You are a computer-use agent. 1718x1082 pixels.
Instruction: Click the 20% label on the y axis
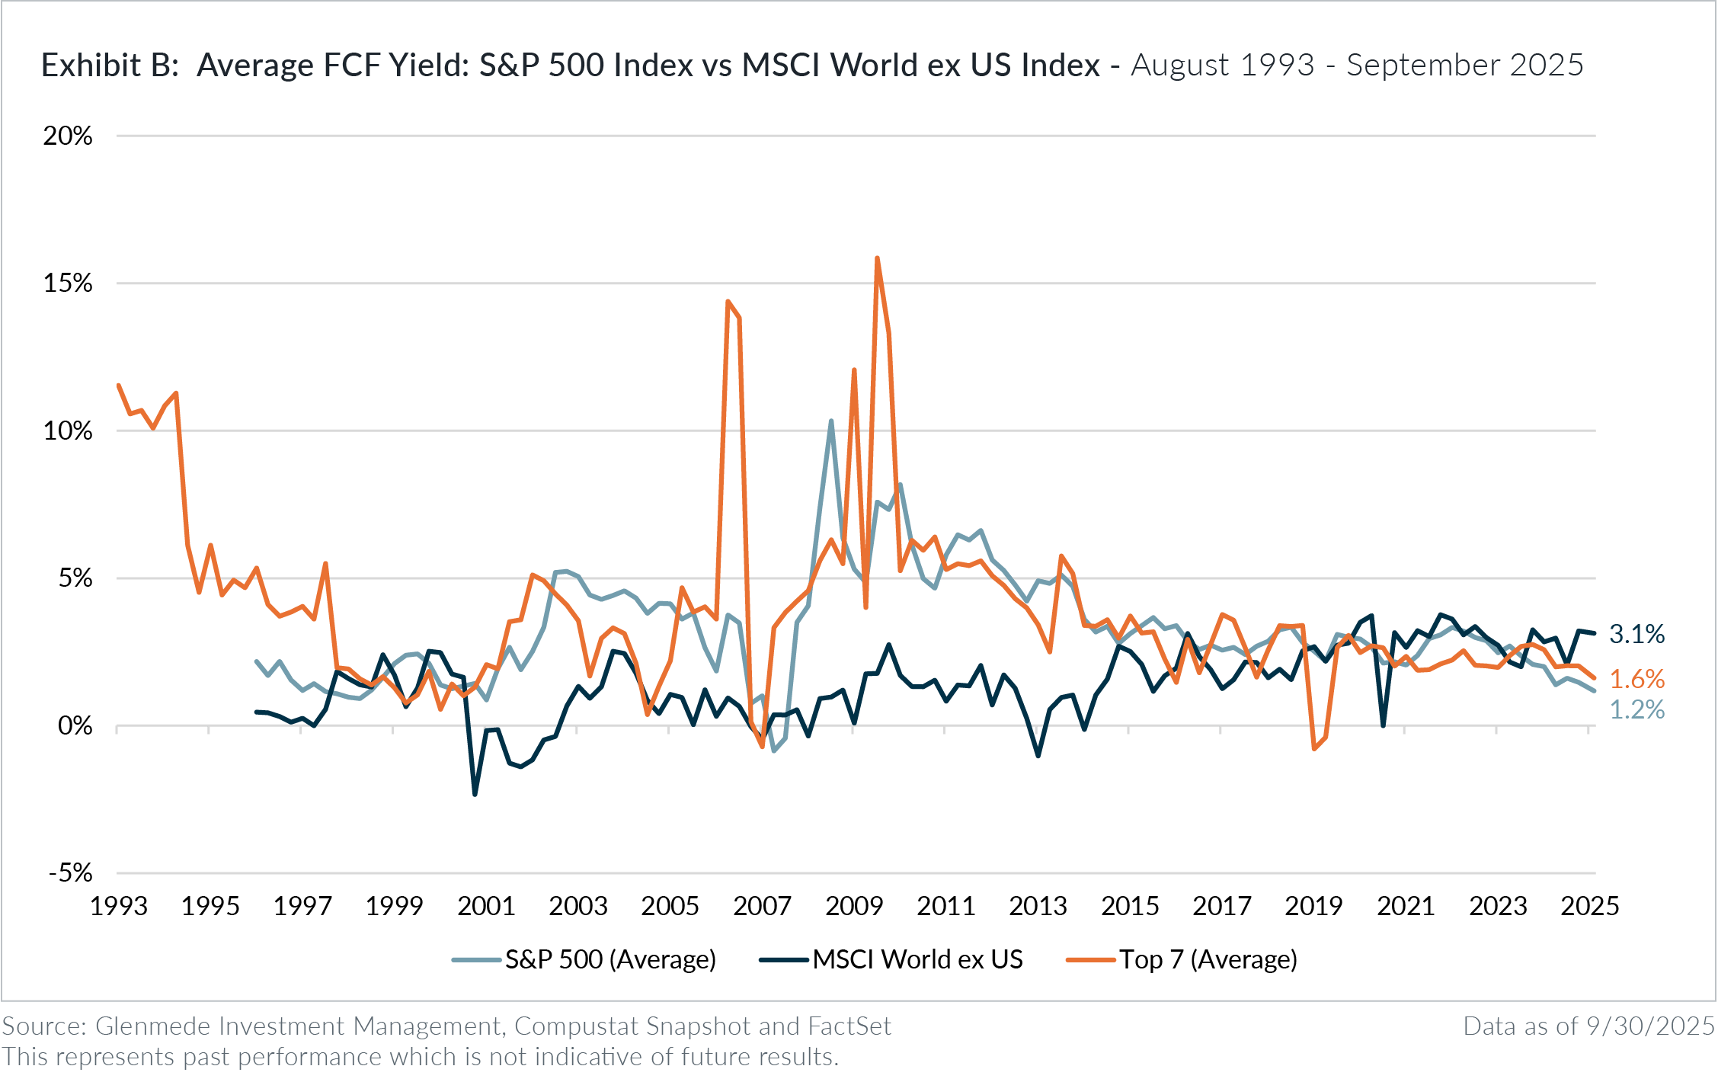pyautogui.click(x=67, y=136)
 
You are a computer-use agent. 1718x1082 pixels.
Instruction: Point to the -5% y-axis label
pyautogui.click(x=70, y=873)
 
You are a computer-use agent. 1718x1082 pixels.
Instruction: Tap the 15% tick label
pyautogui.click(x=67, y=283)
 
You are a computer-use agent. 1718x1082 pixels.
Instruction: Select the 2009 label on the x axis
pyautogui.click(x=854, y=906)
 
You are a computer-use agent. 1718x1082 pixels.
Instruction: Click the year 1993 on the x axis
pyautogui.click(x=119, y=906)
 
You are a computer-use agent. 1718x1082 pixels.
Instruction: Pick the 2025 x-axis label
pyautogui.click(x=1590, y=906)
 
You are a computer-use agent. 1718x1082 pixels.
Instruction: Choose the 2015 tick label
pyautogui.click(x=1130, y=906)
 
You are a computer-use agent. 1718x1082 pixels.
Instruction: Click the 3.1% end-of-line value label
pyautogui.click(x=1636, y=634)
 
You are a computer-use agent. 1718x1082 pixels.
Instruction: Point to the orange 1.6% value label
pyautogui.click(x=1636, y=679)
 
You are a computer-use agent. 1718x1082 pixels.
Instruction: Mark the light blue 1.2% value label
pyautogui.click(x=1636, y=710)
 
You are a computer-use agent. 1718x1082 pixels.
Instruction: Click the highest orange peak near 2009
pyautogui.click(x=878, y=258)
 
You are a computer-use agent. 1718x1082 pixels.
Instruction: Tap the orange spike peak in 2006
pyautogui.click(x=728, y=301)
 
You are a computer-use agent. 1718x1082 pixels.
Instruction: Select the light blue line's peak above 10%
pyautogui.click(x=831, y=421)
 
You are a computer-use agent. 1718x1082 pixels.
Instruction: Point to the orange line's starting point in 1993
pyautogui.click(x=118, y=385)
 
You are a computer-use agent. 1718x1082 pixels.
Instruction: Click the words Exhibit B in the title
pyautogui.click(x=109, y=66)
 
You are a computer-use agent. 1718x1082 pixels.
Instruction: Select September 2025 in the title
pyautogui.click(x=1465, y=66)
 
